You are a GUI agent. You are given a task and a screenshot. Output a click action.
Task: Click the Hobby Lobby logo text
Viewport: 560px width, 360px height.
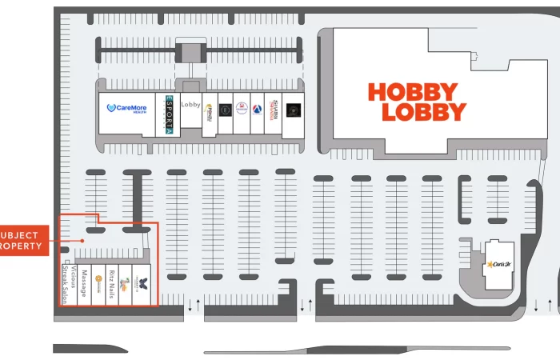pos(417,102)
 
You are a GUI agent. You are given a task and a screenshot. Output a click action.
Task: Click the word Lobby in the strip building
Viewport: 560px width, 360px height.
pos(190,105)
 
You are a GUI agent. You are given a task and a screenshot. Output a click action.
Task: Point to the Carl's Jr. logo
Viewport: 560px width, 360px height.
pos(498,263)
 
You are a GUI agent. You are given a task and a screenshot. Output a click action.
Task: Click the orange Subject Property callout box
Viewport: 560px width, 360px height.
pos(22,240)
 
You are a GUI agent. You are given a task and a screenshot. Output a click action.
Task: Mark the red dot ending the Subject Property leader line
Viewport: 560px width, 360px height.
pos(82,240)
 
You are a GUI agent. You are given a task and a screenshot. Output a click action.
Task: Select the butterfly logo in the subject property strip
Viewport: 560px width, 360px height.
pos(142,281)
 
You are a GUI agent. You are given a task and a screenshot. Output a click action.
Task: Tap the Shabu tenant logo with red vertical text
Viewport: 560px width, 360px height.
pos(274,109)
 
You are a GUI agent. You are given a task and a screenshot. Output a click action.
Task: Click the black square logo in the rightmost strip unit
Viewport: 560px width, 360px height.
pos(293,109)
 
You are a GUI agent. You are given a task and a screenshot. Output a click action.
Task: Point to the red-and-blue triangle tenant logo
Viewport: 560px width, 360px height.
pos(257,109)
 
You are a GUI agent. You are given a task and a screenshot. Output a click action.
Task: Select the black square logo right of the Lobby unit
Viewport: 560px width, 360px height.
pos(225,108)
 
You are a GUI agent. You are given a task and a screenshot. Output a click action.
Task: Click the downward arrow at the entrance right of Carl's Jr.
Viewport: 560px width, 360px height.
pos(535,306)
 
